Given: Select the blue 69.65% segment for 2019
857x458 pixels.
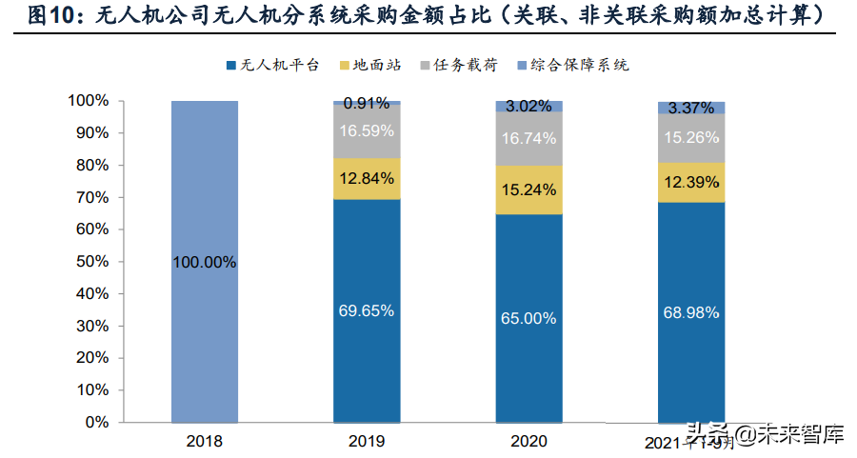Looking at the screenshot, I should click(x=367, y=310).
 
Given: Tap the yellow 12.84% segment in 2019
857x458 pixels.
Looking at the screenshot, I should click(x=367, y=178).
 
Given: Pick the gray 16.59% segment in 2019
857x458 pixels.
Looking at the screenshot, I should click(x=367, y=130).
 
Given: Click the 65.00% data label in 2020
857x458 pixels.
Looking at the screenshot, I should click(x=528, y=318).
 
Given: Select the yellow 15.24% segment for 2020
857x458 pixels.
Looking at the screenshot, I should click(x=528, y=189).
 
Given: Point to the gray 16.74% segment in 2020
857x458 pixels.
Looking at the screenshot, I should click(x=528, y=138).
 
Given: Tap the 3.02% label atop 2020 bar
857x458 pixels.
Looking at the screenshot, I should click(x=528, y=107).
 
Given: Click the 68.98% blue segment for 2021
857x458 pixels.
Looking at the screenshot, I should click(x=691, y=311).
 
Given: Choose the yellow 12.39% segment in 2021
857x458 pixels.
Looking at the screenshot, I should click(x=691, y=182).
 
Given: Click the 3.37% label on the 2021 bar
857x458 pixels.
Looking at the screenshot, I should click(x=691, y=107).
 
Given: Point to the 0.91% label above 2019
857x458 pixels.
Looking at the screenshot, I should click(x=367, y=103).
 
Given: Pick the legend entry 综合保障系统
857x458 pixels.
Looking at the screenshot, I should click(x=576, y=65).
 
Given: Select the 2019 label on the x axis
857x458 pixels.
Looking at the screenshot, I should click(x=367, y=441).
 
